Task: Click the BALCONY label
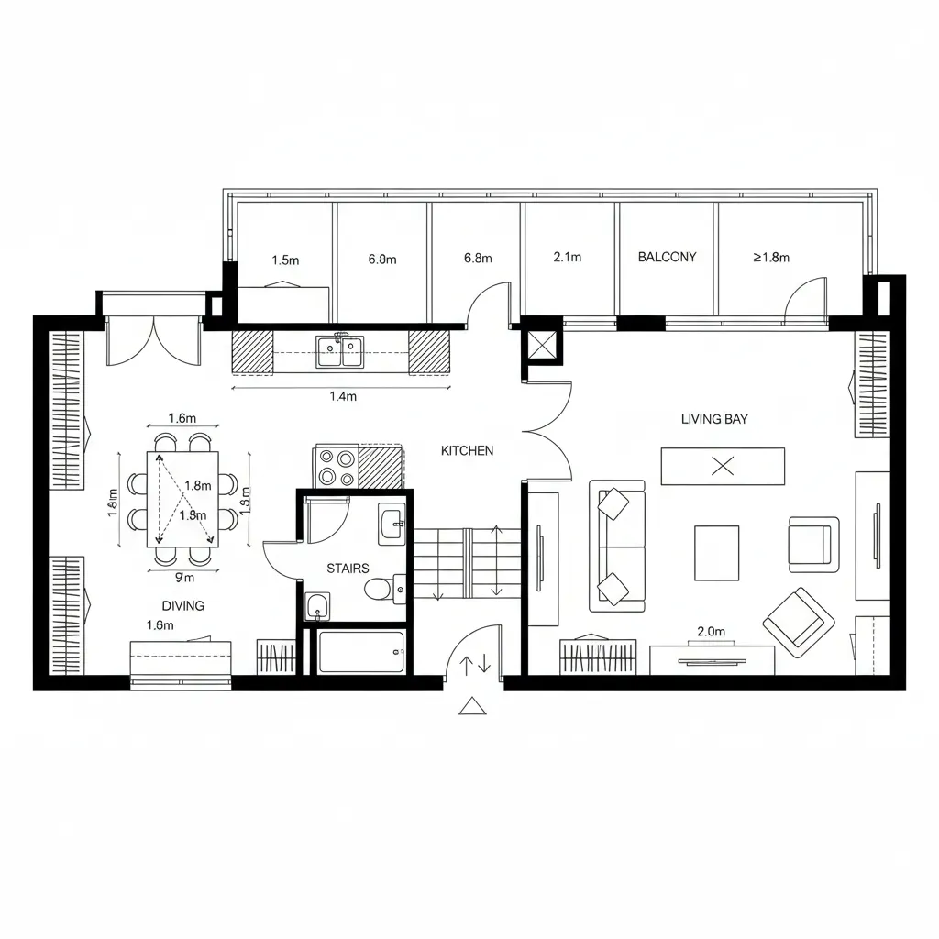coord(667,257)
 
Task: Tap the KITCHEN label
coord(467,450)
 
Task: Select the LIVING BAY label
coord(714,419)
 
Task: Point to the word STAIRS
coord(348,569)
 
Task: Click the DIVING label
coord(182,605)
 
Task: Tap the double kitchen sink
coord(340,351)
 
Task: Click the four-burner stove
coord(337,467)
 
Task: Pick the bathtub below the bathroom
coord(360,652)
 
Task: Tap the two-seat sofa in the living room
coord(616,547)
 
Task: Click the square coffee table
coord(716,552)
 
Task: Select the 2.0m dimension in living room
coord(711,631)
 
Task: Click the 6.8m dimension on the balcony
coord(479,258)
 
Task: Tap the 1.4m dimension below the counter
coord(341,396)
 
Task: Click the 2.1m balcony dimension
coord(568,257)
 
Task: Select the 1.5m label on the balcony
coord(285,260)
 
